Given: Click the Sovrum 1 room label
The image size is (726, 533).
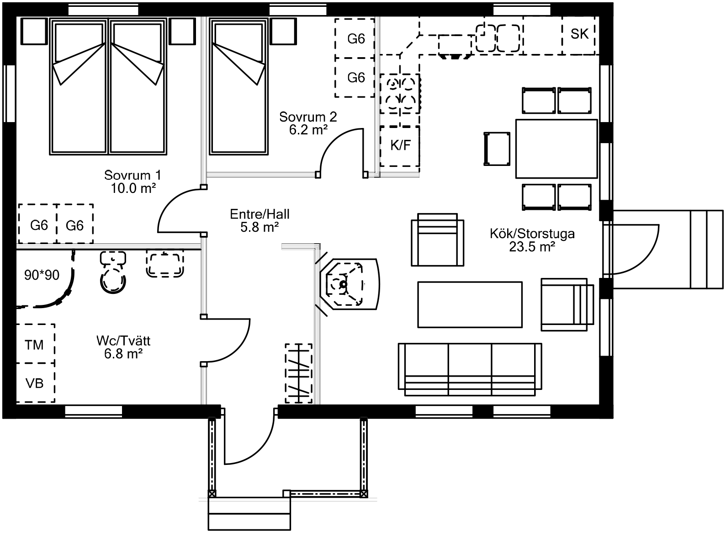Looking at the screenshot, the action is [x=133, y=181].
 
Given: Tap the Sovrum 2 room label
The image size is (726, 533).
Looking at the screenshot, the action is [x=308, y=123].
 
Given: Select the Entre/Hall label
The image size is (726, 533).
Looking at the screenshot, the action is [x=260, y=220].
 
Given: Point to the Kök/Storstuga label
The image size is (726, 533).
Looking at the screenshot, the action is [x=532, y=240].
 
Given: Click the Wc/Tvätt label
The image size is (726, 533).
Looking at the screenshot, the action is [x=123, y=347].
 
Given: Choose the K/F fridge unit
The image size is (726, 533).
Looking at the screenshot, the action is [x=400, y=145].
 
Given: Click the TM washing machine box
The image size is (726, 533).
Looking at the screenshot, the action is [x=35, y=344].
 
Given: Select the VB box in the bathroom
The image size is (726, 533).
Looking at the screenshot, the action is [x=35, y=383].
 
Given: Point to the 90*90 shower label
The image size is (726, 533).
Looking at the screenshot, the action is [x=42, y=275].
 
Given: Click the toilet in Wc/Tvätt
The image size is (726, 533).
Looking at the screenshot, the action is [x=113, y=272].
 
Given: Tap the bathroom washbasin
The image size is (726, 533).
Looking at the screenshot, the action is [x=165, y=263].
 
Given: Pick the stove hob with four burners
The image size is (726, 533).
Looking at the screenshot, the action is [x=400, y=94].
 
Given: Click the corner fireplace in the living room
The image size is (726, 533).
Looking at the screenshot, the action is [x=350, y=284].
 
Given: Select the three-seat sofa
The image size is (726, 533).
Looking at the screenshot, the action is [x=470, y=370].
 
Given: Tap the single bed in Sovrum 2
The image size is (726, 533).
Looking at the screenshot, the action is [x=239, y=86].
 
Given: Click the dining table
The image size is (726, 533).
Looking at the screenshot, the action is [x=556, y=149].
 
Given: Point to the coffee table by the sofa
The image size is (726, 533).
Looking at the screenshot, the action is [x=470, y=305].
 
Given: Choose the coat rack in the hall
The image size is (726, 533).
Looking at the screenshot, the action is [x=298, y=373].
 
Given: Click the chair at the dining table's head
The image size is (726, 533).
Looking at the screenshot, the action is [x=497, y=149].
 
